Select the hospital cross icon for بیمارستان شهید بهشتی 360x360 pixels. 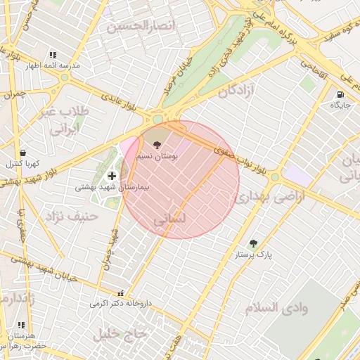coord(112,175)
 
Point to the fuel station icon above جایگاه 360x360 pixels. coord(340,94)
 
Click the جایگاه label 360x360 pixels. coord(340,105)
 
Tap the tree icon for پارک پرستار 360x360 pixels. coord(253,243)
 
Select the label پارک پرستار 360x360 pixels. coord(254,254)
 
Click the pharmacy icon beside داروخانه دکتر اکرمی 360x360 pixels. coord(122,294)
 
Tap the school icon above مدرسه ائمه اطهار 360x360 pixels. coord(52,55)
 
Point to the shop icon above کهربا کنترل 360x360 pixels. coord(23,153)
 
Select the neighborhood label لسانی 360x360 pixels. coord(169,219)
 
